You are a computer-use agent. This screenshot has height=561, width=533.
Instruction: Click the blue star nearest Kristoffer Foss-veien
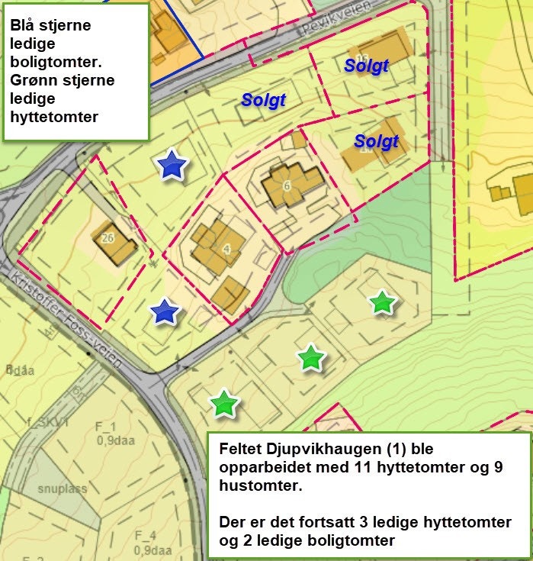coord(164,311)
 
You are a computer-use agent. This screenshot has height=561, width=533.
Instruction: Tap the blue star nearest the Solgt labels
coord(173,165)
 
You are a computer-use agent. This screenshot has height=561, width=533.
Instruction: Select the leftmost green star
coord(223,404)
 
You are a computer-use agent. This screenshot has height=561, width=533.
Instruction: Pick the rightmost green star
coord(382,303)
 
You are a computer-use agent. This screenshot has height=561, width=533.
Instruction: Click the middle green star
coord(310,357)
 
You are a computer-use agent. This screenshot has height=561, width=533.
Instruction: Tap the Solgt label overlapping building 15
coord(366,66)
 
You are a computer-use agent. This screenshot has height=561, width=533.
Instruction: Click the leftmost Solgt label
coord(263,100)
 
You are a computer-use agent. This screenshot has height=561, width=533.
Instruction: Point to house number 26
coord(108,237)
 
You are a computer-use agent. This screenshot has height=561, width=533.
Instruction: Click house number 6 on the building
coord(287,185)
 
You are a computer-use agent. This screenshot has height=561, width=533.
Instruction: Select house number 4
coord(226,248)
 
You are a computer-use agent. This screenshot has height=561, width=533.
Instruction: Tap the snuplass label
coord(62,488)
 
